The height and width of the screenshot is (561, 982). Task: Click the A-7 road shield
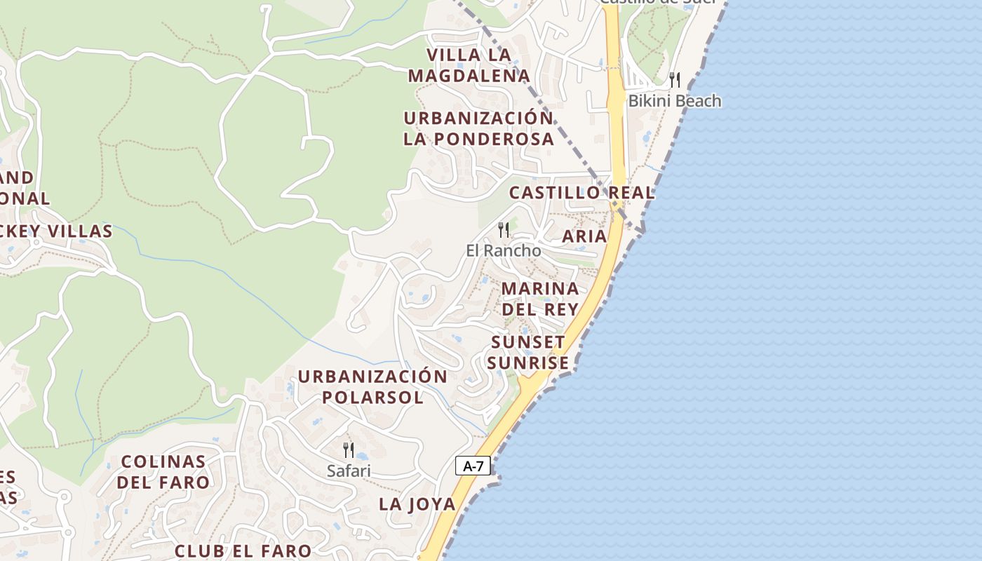pyautogui.click(x=473, y=466)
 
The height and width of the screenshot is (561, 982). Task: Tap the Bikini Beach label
pyautogui.click(x=674, y=101)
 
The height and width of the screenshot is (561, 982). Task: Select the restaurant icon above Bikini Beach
pyautogui.click(x=675, y=79)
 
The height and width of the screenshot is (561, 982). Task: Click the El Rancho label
pyautogui.click(x=504, y=250)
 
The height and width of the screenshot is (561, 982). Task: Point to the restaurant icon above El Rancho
pyautogui.click(x=503, y=229)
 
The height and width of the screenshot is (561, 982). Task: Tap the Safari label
pyautogui.click(x=349, y=471)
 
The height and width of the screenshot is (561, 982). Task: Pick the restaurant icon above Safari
pyautogui.click(x=348, y=450)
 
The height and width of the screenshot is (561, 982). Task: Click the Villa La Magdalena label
pyautogui.click(x=469, y=65)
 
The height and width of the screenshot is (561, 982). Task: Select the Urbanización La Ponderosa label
pyautogui.click(x=478, y=128)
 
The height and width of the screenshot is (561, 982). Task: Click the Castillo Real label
pyautogui.click(x=581, y=193)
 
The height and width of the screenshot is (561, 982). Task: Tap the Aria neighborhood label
pyautogui.click(x=584, y=236)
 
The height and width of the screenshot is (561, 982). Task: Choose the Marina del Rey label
pyautogui.click(x=540, y=299)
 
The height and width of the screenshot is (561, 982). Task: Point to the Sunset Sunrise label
pyautogui.click(x=530, y=353)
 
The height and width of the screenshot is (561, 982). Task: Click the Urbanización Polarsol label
pyautogui.click(x=372, y=387)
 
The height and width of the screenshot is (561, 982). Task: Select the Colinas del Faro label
pyautogui.click(x=163, y=472)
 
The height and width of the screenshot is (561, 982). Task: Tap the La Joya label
pyautogui.click(x=417, y=504)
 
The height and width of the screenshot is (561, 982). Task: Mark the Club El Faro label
pyautogui.click(x=243, y=551)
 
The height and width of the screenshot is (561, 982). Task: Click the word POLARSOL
pyautogui.click(x=372, y=398)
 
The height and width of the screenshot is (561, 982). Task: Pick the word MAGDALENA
pyautogui.click(x=469, y=76)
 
